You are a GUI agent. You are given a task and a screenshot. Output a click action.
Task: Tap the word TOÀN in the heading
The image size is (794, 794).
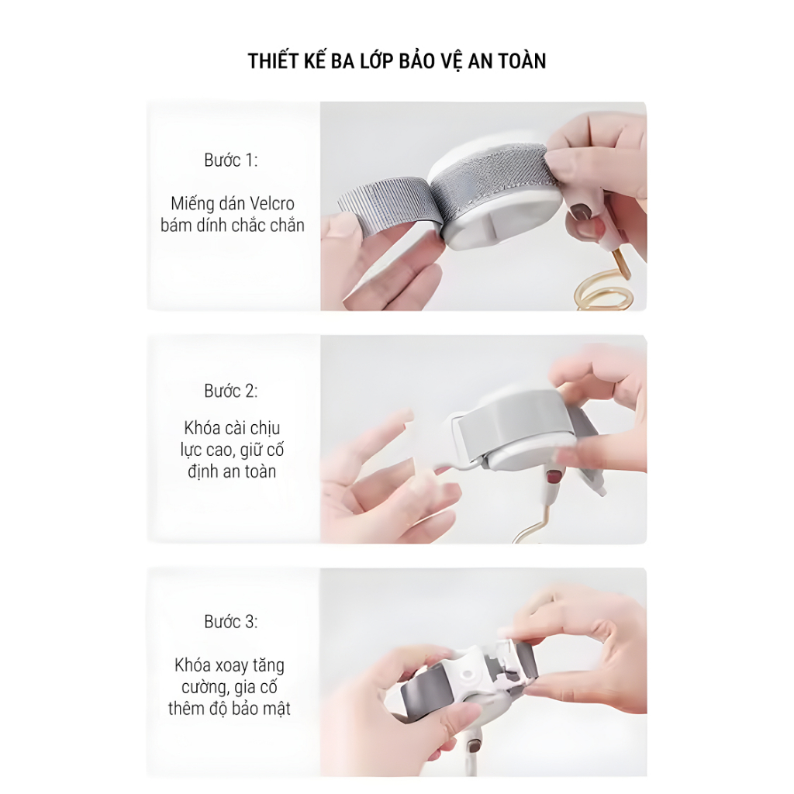click(522, 60)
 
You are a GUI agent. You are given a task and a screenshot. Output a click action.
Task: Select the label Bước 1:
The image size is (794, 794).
click(231, 160)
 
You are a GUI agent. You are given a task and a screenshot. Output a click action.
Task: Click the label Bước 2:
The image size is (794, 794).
click(231, 391)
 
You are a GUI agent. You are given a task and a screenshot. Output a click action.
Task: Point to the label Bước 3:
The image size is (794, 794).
click(231, 622)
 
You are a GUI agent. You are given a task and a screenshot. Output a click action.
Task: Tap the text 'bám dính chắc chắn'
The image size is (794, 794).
click(233, 226)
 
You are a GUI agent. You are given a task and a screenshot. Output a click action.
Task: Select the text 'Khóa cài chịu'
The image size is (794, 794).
click(232, 428)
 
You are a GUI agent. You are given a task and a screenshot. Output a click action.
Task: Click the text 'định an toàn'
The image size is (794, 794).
click(232, 471)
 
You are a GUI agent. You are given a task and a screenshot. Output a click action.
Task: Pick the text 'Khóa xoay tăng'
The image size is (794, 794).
click(230, 665)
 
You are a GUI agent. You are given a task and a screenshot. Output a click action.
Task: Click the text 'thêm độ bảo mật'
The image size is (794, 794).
click(230, 709)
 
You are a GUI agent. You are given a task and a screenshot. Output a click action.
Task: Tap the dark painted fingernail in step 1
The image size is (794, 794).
click(582, 212)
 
